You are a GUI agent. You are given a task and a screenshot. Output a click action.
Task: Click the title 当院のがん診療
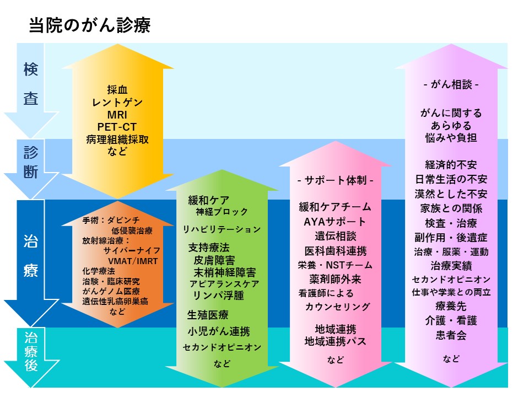click(x=90, y=25)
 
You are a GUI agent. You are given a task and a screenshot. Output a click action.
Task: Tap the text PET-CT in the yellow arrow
click(x=117, y=127)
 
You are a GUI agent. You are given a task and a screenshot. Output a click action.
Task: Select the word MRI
click(x=117, y=115)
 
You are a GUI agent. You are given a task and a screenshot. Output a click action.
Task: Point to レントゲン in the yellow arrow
click(x=117, y=103)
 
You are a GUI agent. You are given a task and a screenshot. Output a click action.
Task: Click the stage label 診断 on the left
click(x=31, y=162)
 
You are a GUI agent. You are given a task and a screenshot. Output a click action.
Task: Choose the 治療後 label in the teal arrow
click(x=31, y=351)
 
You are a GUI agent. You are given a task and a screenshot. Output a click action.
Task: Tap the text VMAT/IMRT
click(x=133, y=261)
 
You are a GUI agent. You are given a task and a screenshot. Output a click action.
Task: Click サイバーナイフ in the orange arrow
click(x=132, y=251)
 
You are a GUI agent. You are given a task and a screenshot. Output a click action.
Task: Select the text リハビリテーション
click(x=222, y=229)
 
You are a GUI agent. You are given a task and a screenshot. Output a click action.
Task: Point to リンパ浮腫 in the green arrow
click(x=219, y=296)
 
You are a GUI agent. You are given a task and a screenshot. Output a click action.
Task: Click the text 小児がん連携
click(x=219, y=331)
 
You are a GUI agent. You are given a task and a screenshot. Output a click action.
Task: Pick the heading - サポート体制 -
click(x=336, y=181)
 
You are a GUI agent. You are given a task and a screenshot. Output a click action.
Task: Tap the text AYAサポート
click(x=334, y=222)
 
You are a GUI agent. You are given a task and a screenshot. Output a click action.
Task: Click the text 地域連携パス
click(x=336, y=341)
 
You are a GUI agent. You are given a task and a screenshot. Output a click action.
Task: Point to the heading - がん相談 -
click(x=451, y=84)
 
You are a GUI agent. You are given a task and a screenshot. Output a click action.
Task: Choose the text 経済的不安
click(x=451, y=165)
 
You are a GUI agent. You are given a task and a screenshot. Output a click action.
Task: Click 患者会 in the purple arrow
click(x=451, y=335)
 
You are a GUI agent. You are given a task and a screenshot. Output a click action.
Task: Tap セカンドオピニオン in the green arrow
click(x=222, y=347)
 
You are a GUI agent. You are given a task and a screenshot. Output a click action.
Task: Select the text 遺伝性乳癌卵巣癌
click(x=115, y=301)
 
